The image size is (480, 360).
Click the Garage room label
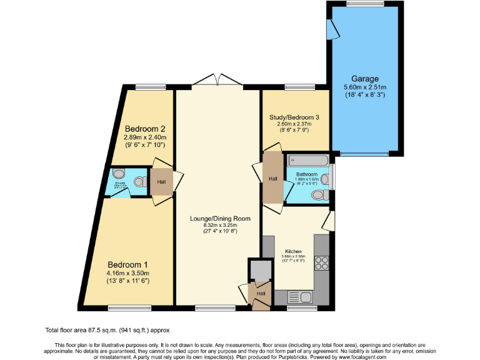pos(365,79)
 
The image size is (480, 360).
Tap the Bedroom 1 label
pos(127,263)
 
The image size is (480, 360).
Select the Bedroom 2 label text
pos(146,129)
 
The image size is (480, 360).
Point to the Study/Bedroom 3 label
pos(294,117)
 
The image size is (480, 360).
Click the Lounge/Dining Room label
pos(220,219)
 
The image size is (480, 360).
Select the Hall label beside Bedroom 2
pos(161,182)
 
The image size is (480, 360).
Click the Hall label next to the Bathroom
pos(272,179)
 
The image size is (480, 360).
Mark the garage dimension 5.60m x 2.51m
pos(365,87)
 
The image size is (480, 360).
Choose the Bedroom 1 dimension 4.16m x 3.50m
pos(127,272)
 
